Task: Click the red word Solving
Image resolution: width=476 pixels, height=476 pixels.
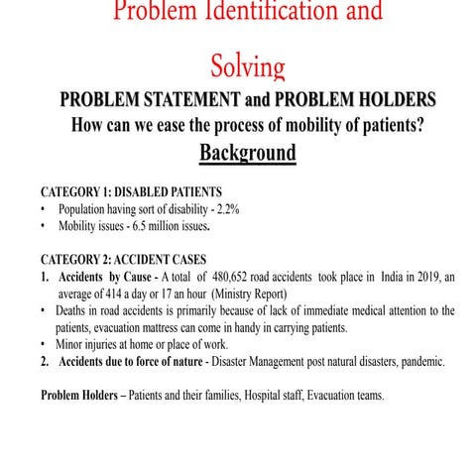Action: (x=248, y=66)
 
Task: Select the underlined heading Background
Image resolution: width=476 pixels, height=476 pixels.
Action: (x=248, y=154)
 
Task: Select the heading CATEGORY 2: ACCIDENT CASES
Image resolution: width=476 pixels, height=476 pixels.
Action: (x=126, y=260)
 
